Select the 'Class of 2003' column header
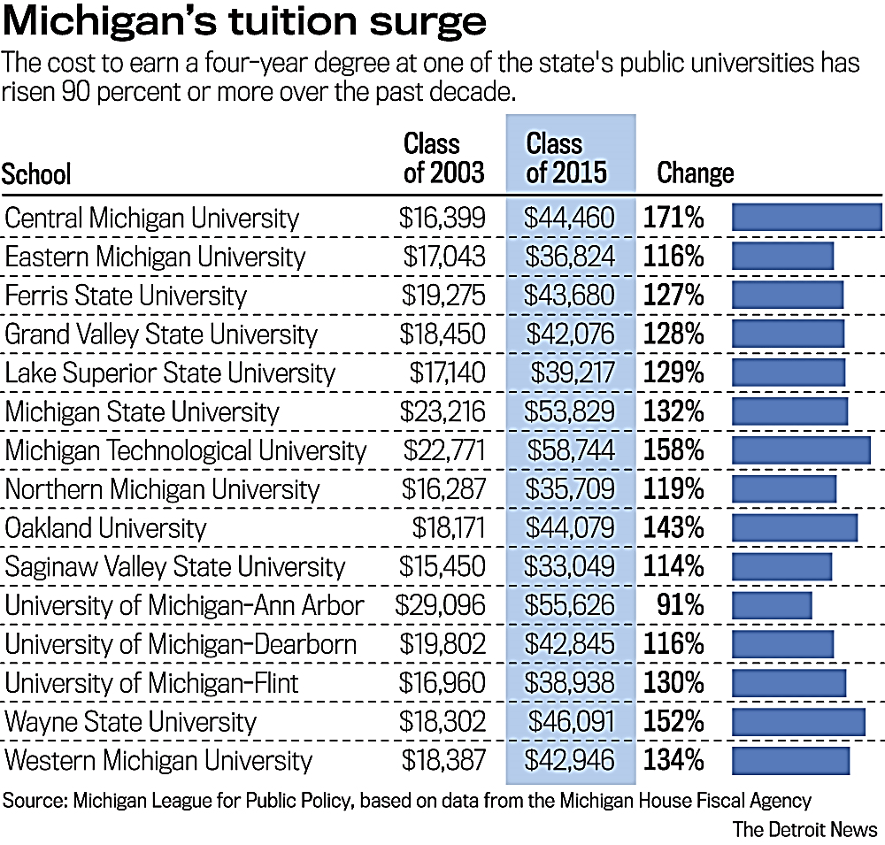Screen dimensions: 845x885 pos(443,157)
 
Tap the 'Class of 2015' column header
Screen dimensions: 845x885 pos(566,157)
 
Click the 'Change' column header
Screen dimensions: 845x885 pos(695,173)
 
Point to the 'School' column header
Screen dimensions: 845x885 pos(36,173)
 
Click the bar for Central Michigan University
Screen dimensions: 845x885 pos(806,218)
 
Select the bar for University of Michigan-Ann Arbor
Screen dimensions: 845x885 pos(772,605)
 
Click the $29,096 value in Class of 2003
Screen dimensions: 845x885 pos(441,605)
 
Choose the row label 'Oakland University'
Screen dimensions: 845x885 pos(105,528)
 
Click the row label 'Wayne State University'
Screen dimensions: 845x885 pos(130,722)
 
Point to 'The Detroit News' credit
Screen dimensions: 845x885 pos(804,829)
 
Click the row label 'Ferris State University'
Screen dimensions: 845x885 pos(126,296)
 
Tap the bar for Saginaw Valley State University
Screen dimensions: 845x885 pos(782,567)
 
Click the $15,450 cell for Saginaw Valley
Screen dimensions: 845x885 pos(442,567)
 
